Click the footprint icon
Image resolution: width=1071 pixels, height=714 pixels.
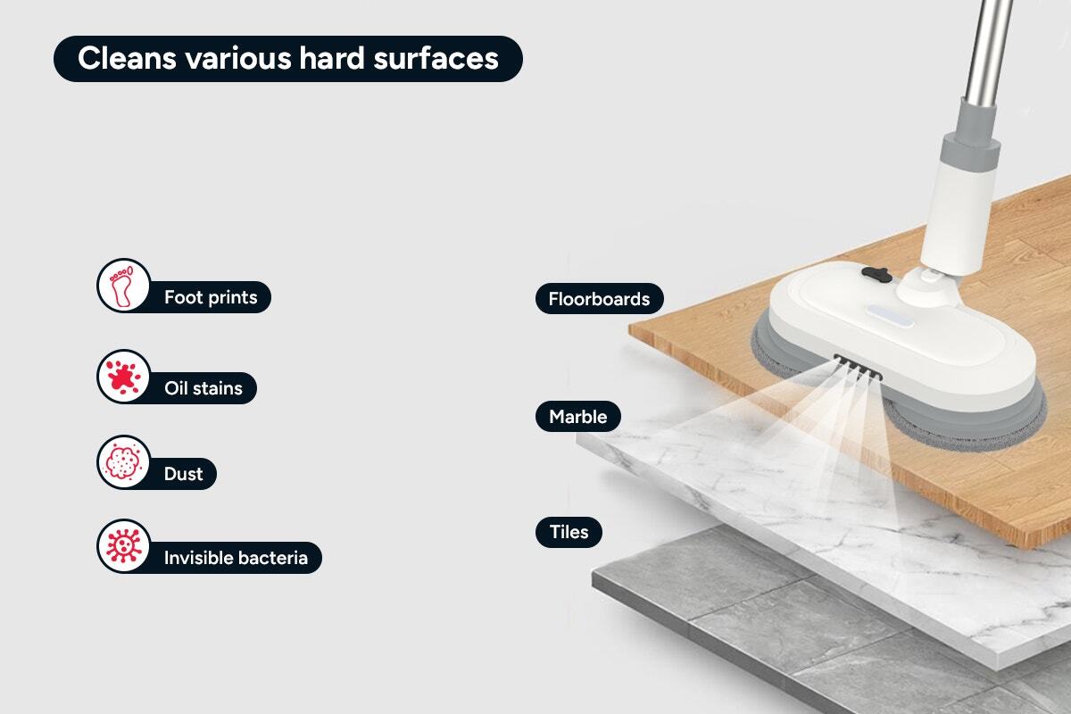coord(124,286)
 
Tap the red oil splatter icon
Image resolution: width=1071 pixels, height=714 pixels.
coord(124,377)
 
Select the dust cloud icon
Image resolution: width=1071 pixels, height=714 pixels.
coord(124,462)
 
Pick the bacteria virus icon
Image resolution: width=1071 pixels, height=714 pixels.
coord(124,545)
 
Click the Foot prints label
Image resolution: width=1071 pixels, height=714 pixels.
coord(211,297)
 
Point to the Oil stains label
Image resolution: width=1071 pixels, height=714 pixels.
coord(203,388)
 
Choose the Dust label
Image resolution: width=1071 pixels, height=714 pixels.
coord(183,474)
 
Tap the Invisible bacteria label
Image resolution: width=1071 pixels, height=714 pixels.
coord(236,558)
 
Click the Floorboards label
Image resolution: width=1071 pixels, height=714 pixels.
coord(599,299)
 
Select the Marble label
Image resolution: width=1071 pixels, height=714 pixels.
coord(578,417)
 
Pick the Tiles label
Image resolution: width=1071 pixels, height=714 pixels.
coord(569,532)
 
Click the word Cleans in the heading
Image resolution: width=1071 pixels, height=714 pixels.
coord(127,58)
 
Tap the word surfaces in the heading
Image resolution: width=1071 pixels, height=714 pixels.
coord(436,58)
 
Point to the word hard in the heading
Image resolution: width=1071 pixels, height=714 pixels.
coord(332,58)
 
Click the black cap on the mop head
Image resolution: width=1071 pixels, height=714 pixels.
coord(876,274)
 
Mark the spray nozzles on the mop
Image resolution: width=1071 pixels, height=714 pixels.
coord(858,367)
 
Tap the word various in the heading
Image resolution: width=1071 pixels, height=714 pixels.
coord(238,58)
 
